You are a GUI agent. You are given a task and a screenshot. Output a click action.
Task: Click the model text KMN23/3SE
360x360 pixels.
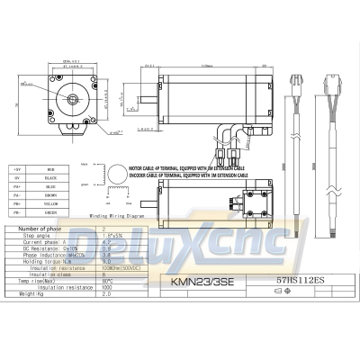tap(186, 280)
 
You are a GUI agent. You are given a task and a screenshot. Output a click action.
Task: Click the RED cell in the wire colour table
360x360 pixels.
tap(52, 168)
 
